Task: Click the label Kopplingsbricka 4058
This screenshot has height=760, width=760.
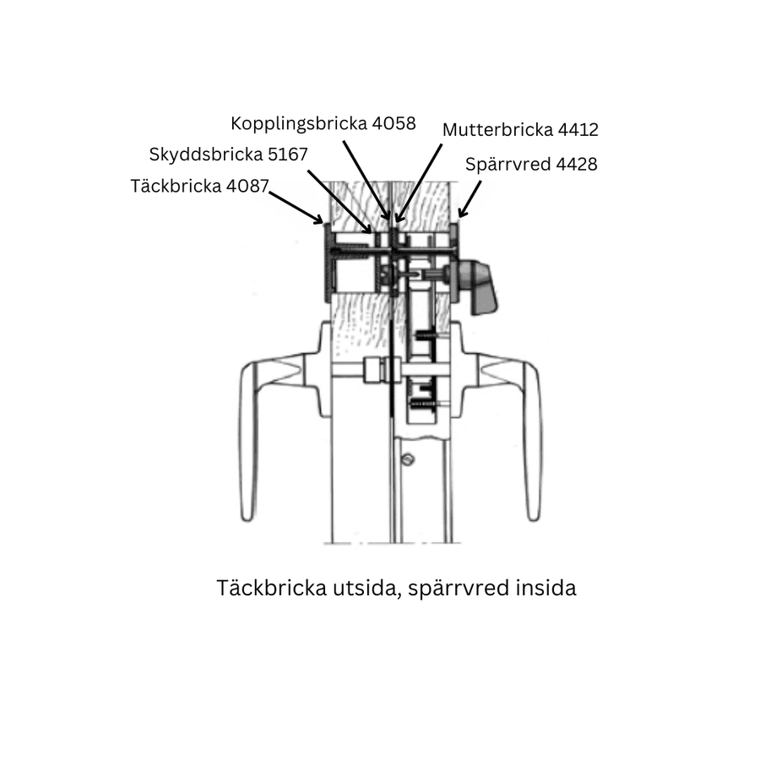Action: click(x=323, y=123)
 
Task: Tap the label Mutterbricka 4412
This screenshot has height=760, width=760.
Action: click(x=520, y=130)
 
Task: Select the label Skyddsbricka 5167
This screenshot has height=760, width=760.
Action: click(x=228, y=155)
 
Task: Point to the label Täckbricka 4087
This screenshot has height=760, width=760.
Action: click(x=199, y=186)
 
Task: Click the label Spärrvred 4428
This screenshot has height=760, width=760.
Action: click(x=531, y=165)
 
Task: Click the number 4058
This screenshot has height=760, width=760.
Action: click(x=394, y=123)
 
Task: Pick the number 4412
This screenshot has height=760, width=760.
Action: click(x=578, y=130)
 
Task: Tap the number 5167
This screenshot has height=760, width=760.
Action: click(x=288, y=155)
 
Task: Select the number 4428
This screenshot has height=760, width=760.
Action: click(x=576, y=165)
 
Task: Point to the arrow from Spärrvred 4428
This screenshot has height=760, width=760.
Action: click(x=470, y=199)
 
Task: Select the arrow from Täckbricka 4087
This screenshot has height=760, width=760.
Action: click(x=296, y=208)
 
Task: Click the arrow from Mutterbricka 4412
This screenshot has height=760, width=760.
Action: click(x=419, y=182)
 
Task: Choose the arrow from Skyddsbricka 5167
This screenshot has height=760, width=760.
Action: click(x=339, y=202)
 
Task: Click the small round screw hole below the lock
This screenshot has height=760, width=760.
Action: click(x=409, y=459)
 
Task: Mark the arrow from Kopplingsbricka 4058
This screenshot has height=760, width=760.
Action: click(x=366, y=180)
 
